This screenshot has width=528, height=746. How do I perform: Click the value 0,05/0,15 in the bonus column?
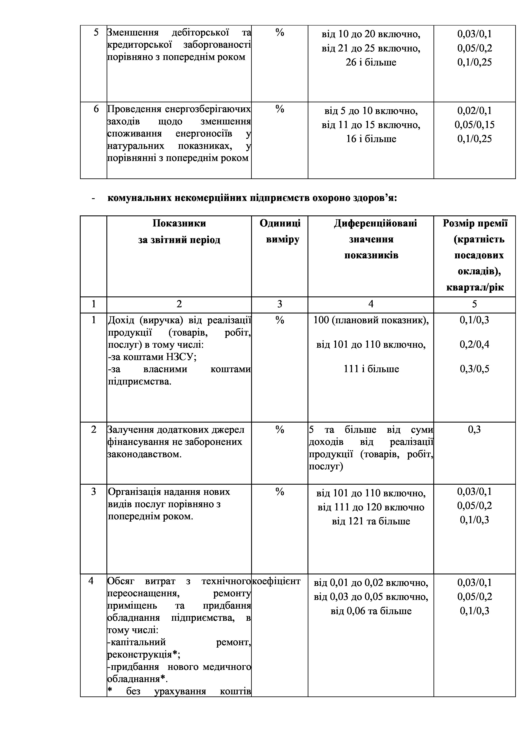pos(474,125)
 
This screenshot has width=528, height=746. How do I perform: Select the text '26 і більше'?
pos(371,62)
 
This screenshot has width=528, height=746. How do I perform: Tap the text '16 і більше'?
pos(371,139)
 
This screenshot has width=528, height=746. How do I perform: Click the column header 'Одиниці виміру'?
pos(280,231)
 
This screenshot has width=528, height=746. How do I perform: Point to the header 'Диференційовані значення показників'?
pos(371,239)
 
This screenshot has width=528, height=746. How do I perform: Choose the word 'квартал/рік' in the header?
pos(475,287)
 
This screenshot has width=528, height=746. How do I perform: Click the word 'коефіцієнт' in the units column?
pos(276,581)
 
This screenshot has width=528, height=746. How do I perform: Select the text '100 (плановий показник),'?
pos(371,320)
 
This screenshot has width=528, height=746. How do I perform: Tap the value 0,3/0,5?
pos(474,369)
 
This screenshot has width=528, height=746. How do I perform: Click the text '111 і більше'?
pos(371,369)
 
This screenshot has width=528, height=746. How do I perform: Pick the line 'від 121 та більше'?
pos(371,521)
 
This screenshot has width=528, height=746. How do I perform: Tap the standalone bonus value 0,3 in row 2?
pos(474,430)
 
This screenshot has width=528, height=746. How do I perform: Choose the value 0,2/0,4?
pos(474,345)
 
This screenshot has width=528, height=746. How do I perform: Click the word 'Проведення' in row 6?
pos(134,109)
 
